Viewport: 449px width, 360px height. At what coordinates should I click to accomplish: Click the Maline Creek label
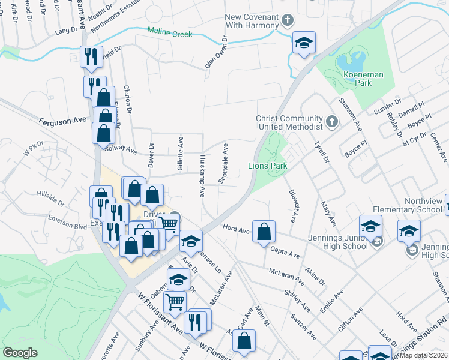tap(170, 34)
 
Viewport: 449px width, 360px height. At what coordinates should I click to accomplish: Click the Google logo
tap(20, 353)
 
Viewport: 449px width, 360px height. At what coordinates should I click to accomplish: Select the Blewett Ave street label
tap(294, 204)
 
